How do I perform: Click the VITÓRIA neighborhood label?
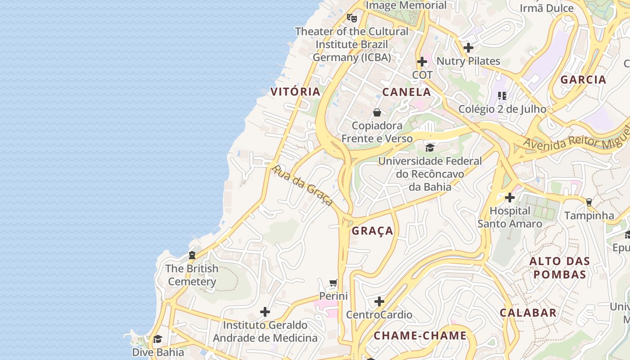[295, 92]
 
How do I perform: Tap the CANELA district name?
[406, 92]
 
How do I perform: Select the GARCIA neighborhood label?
[583, 80]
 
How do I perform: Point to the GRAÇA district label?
[373, 231]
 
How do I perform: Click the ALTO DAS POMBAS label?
[559, 268]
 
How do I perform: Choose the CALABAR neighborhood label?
[528, 313]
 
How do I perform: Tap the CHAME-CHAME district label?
[420, 336]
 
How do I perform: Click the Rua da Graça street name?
[302, 185]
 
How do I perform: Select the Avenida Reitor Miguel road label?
[576, 141]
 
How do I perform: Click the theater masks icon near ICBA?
[351, 18]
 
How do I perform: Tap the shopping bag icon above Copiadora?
[377, 112]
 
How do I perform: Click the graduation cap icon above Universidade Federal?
[430, 148]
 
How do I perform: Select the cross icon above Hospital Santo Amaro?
[509, 198]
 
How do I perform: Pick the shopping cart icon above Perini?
[333, 283]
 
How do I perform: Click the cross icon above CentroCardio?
[379, 301]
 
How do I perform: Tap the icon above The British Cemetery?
[192, 255]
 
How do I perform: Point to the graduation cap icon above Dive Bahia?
[157, 339]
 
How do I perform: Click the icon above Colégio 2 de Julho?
[502, 95]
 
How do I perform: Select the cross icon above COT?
[422, 62]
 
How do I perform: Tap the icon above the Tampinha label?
[589, 202]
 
